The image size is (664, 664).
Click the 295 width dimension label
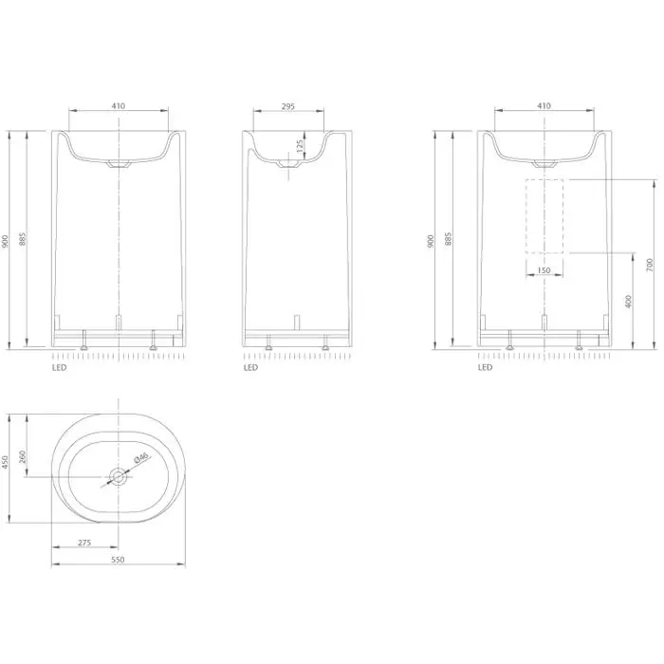point(288,106)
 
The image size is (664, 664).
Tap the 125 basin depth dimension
point(300,146)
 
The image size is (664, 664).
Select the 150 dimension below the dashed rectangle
point(544,270)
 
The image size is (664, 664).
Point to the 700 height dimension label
point(650,265)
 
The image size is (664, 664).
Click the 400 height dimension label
point(628,302)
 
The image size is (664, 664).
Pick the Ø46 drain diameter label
point(140,457)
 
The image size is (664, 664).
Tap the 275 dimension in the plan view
point(84,543)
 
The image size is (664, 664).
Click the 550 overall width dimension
point(118,560)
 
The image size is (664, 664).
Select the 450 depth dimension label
point(5,462)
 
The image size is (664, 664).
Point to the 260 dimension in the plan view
point(23,456)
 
